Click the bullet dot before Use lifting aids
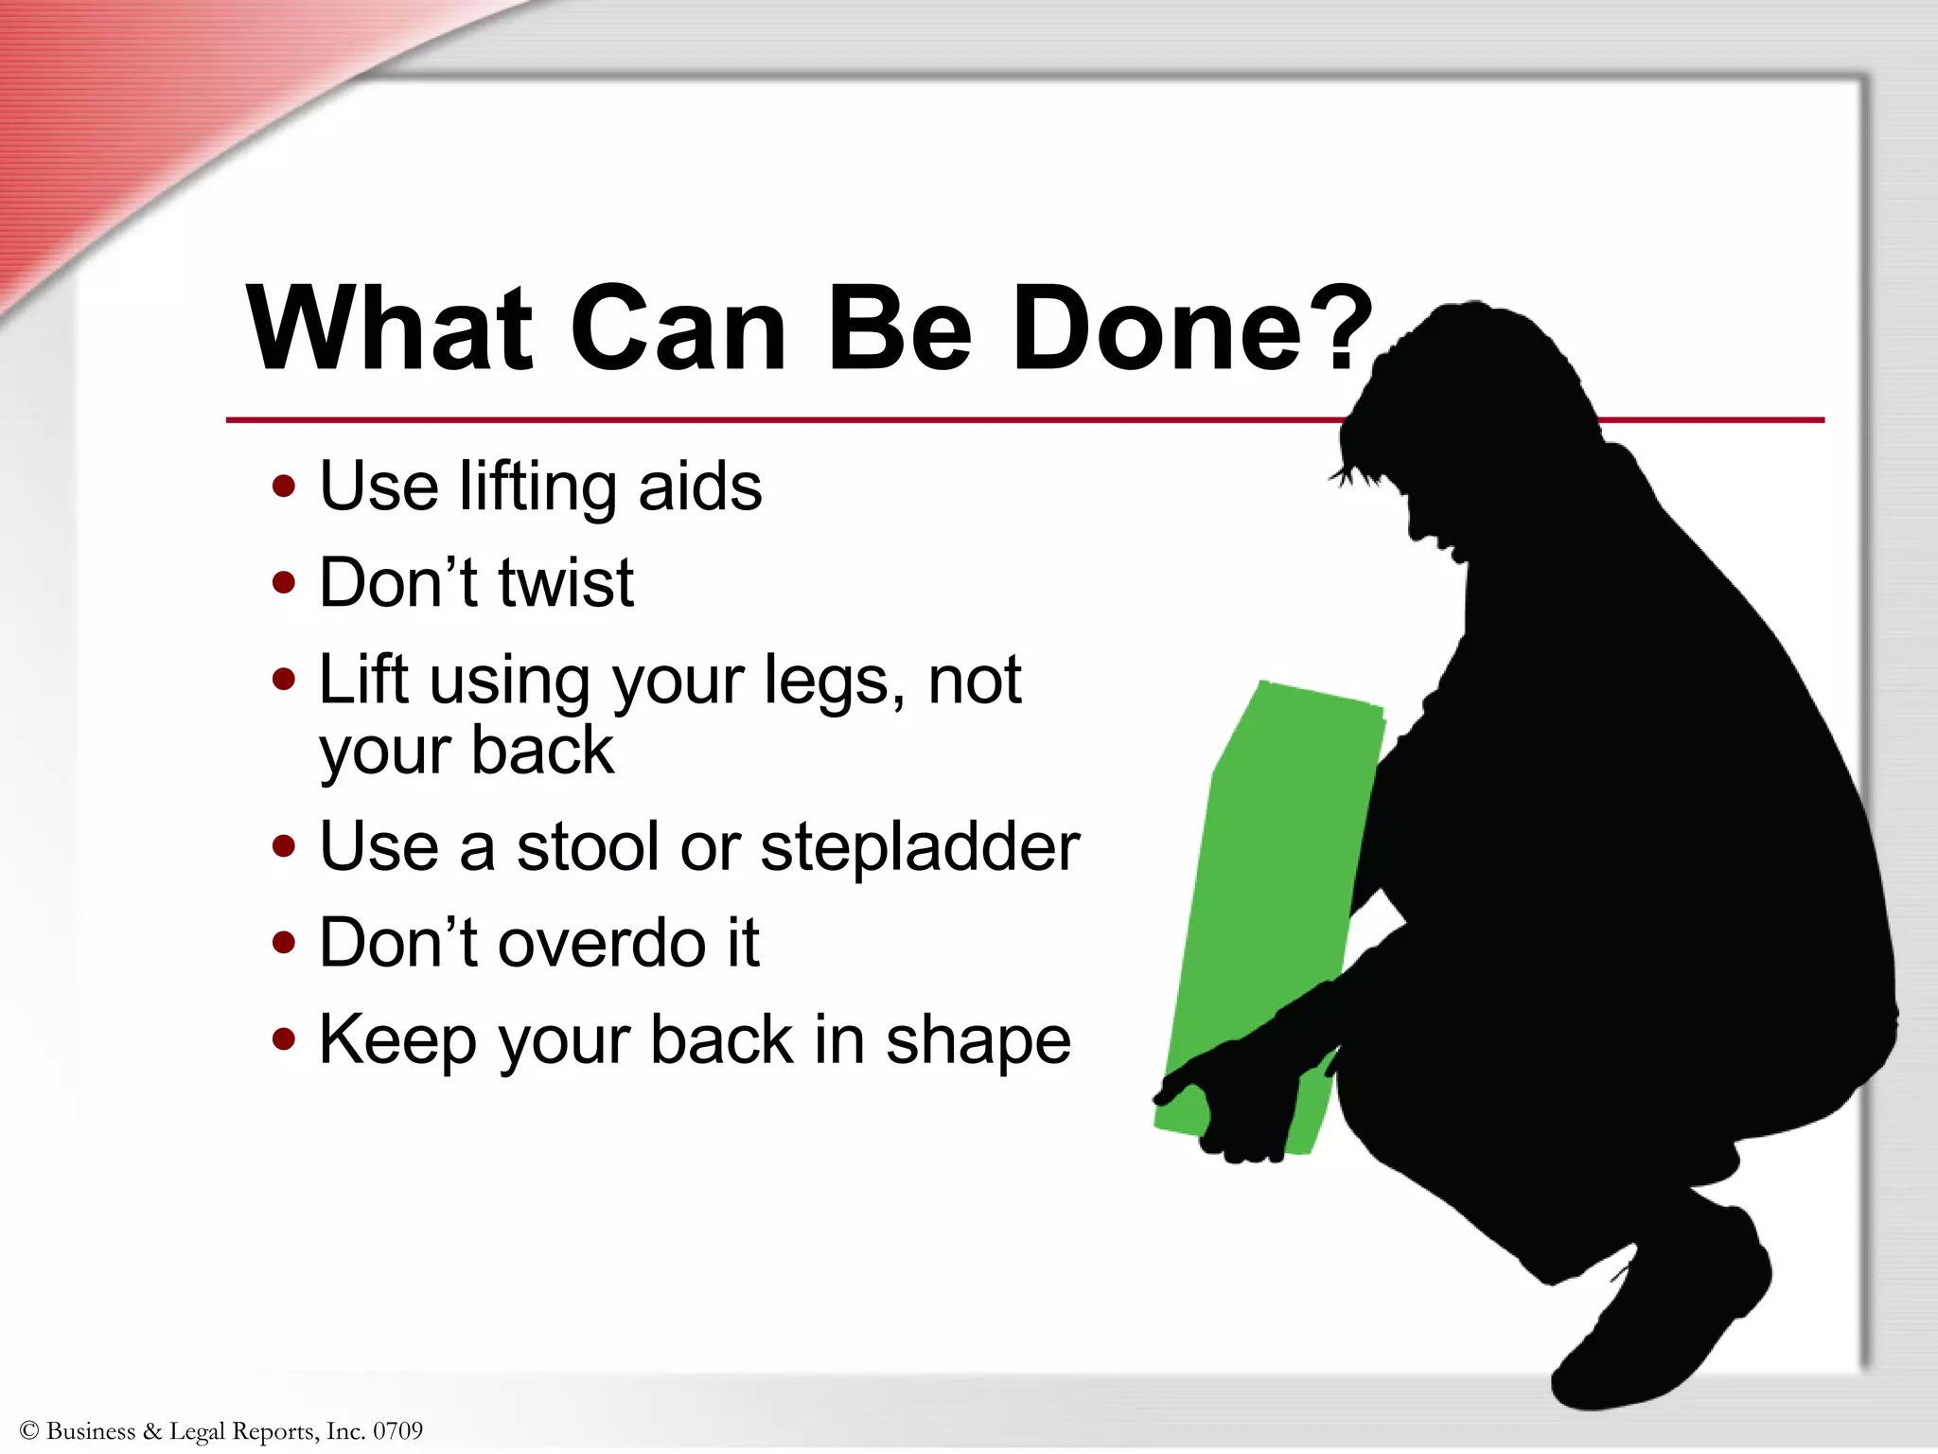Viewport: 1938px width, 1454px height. [283, 487]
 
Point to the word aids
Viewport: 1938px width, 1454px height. [699, 487]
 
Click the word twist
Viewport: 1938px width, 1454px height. [565, 582]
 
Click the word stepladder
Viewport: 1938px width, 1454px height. [920, 847]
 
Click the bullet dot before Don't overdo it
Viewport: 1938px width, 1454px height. [283, 943]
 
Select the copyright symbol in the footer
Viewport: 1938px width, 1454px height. [28, 1430]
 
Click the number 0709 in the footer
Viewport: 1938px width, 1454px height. [397, 1430]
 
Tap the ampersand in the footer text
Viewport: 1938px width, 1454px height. [152, 1430]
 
